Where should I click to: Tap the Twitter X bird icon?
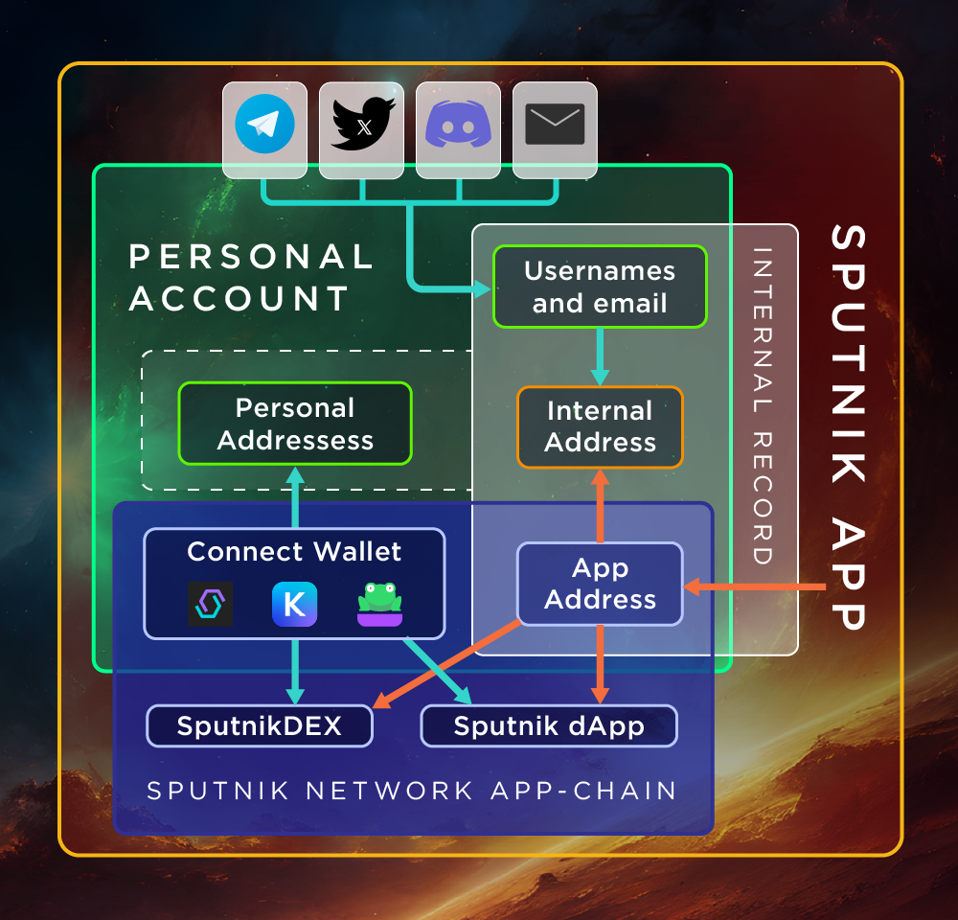click(x=362, y=123)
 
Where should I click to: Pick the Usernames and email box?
click(x=600, y=287)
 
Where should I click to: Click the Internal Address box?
click(x=600, y=426)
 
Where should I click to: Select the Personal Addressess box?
click(x=295, y=424)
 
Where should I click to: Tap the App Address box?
click(x=600, y=584)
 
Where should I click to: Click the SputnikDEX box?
click(x=259, y=725)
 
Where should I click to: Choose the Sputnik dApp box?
click(x=549, y=725)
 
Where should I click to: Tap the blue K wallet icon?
click(x=294, y=605)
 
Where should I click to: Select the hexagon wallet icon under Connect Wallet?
click(x=210, y=605)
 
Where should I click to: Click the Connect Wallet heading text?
click(x=294, y=552)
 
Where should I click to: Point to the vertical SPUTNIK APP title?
click(x=849, y=426)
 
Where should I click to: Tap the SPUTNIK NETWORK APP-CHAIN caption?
click(x=412, y=791)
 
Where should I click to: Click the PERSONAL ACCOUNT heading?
click(x=251, y=278)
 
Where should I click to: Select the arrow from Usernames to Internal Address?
click(x=600, y=356)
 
